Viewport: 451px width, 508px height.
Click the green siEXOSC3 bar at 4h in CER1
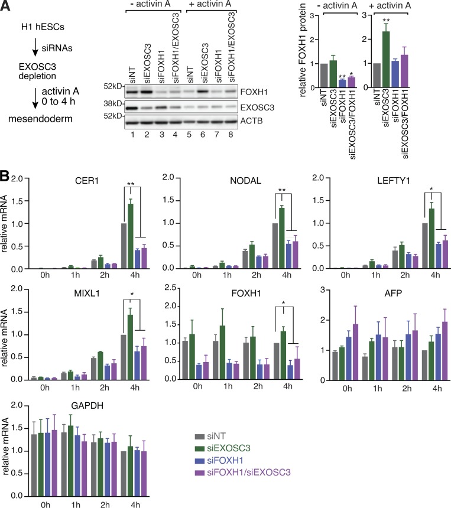(131, 236)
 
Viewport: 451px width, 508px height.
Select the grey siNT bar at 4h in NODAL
(275, 246)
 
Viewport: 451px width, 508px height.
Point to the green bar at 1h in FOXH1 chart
(222, 352)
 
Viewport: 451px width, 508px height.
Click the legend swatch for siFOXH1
(199, 461)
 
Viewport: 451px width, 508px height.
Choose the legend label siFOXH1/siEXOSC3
(249, 473)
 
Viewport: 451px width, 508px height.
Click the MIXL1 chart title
(87, 294)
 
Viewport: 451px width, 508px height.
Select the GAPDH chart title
(87, 406)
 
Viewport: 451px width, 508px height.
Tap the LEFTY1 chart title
(393, 181)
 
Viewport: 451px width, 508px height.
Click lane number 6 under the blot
(203, 135)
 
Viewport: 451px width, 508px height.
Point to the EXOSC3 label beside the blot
(257, 108)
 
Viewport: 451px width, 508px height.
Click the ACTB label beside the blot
(251, 121)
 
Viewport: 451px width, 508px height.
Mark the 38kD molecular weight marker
(113, 104)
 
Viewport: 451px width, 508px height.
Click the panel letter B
(5, 176)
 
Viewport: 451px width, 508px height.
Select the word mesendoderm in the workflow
(40, 119)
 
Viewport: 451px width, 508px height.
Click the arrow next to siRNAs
(35, 49)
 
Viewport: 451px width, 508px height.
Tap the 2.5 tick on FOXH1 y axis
(170, 288)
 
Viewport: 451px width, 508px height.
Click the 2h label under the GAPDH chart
(105, 504)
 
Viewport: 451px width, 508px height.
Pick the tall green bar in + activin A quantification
(385, 59)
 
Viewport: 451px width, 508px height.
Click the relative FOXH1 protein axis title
(303, 50)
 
